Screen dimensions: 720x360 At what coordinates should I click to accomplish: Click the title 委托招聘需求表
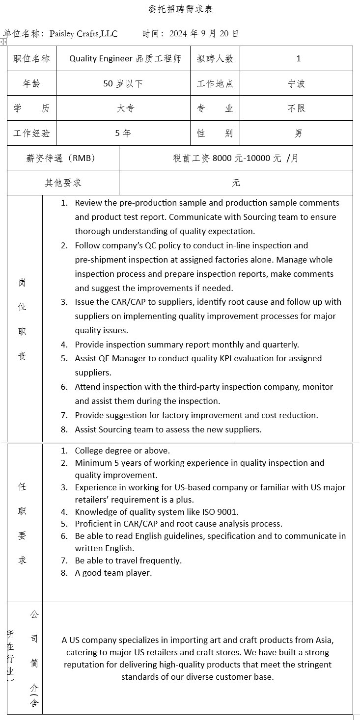point(180,9)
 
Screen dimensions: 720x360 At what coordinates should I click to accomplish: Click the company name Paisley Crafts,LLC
point(83,34)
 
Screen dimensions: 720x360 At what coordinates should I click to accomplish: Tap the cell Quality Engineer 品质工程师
point(125,59)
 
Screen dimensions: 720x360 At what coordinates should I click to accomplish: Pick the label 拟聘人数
point(215,59)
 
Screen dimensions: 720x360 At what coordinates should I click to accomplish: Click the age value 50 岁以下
point(123,84)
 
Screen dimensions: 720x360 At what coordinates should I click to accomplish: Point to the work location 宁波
point(296,84)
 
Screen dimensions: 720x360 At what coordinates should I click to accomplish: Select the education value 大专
point(125,108)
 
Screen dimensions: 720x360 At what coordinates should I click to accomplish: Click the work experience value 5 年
point(123,133)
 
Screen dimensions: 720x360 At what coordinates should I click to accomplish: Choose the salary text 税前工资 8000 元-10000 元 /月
point(236,158)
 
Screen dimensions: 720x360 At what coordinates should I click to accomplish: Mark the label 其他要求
point(63,183)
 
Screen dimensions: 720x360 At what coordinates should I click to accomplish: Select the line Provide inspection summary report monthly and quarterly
point(187,345)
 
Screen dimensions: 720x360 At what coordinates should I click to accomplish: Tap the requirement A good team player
point(113,573)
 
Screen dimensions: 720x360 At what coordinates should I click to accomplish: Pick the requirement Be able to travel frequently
point(128,560)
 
